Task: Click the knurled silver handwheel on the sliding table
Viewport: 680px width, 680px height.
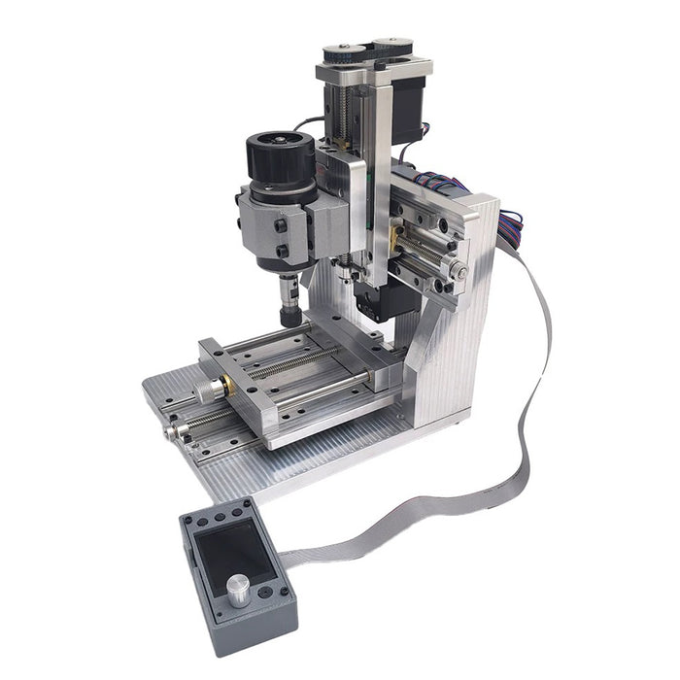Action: click(207, 391)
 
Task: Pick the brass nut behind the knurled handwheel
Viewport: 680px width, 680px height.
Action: click(228, 386)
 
